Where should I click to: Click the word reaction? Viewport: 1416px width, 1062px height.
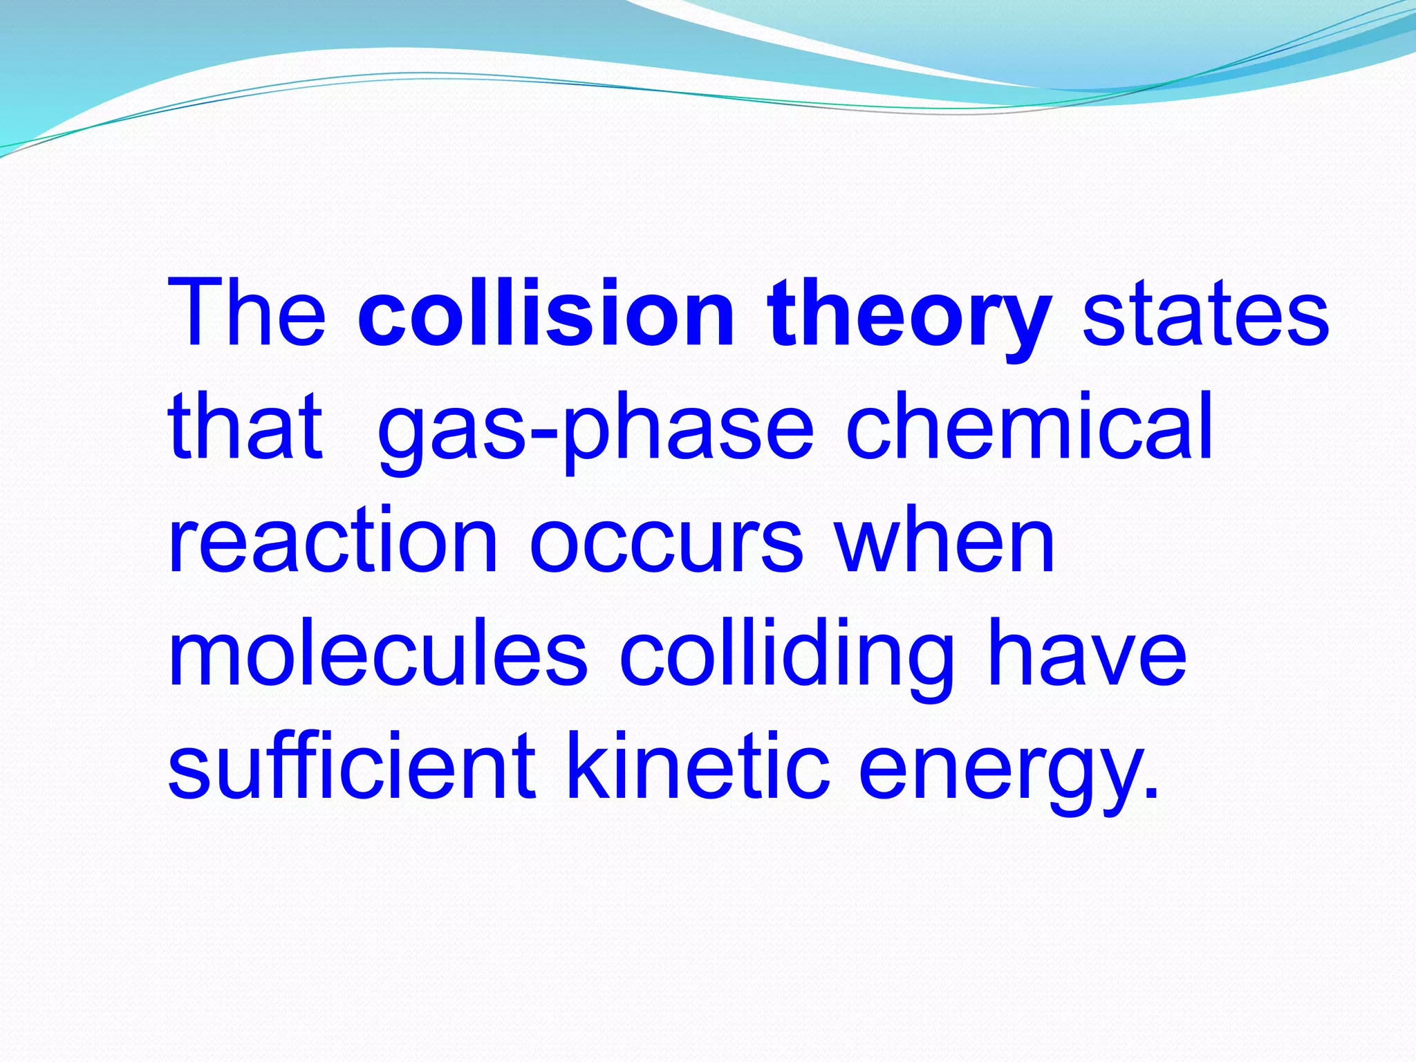pos(333,540)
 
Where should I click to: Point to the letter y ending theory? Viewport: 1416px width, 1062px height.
pos(1023,325)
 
